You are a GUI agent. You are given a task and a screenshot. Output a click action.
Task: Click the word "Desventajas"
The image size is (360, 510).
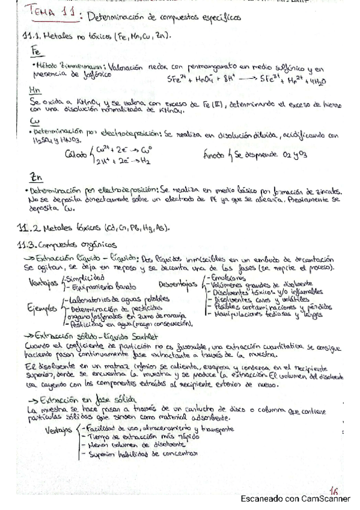tap(176, 283)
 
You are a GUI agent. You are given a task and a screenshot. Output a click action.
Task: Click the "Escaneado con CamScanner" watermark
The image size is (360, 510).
tap(296, 499)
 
